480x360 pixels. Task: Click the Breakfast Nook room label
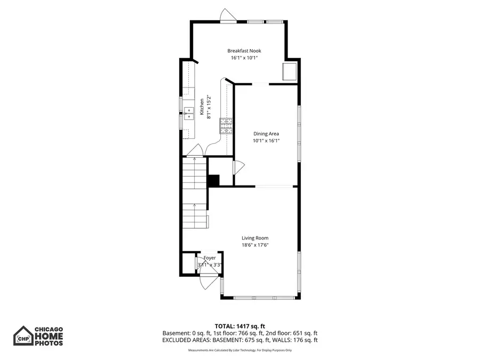244,51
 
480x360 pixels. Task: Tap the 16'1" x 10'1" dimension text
244,58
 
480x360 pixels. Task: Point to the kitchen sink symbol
188,113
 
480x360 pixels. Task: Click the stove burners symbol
227,125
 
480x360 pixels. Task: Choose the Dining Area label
266,134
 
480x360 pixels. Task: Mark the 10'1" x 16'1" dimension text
266,141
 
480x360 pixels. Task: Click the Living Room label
255,238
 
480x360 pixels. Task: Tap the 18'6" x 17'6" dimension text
255,245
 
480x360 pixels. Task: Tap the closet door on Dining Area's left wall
238,167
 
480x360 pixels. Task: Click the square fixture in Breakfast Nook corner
290,71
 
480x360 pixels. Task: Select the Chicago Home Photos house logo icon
22,336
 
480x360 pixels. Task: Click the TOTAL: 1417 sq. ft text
239,325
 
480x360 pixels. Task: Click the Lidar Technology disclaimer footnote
239,350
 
